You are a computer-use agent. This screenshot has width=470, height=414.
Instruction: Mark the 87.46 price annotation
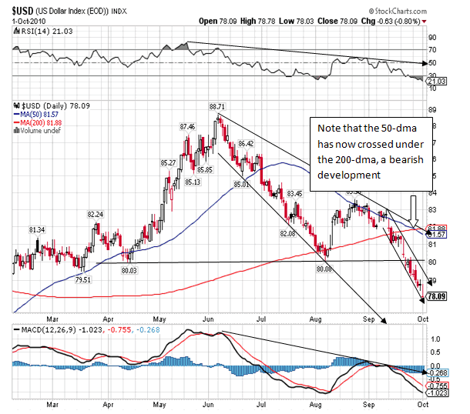point(188,126)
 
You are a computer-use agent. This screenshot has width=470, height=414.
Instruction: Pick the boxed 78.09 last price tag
point(436,295)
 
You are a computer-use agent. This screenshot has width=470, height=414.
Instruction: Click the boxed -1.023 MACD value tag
point(436,392)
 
